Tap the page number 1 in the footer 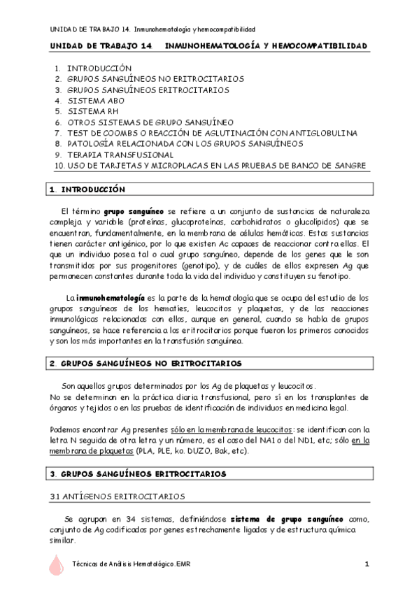coord(367,564)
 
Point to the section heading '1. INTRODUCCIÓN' coord(87,190)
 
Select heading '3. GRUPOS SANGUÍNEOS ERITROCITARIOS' coord(138,473)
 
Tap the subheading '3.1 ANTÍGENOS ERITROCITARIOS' coord(117,496)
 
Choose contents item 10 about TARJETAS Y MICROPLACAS coord(210,165)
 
